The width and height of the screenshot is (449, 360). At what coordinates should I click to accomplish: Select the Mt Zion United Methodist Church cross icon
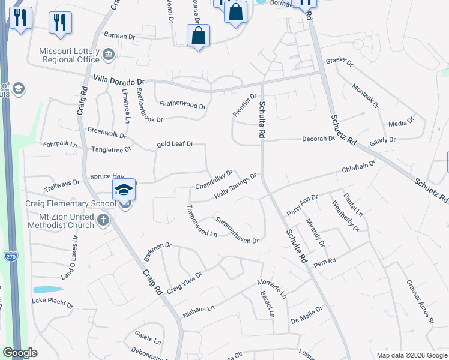pyautogui.click(x=103, y=220)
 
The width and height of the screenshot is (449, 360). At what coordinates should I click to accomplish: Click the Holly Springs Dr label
pyautogui.click(x=236, y=187)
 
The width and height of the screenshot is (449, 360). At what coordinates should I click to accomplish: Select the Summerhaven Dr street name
pyautogui.click(x=237, y=230)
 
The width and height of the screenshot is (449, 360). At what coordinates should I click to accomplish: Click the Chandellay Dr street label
pyautogui.click(x=213, y=179)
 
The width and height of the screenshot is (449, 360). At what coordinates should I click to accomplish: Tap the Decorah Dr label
pyautogui.click(x=318, y=139)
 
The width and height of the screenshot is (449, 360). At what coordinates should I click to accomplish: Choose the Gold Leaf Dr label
pyautogui.click(x=175, y=144)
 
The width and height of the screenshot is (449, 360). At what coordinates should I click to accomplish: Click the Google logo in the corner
pyautogui.click(x=20, y=353)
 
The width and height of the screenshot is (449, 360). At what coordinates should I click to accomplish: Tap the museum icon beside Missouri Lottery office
pyautogui.click(x=109, y=55)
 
